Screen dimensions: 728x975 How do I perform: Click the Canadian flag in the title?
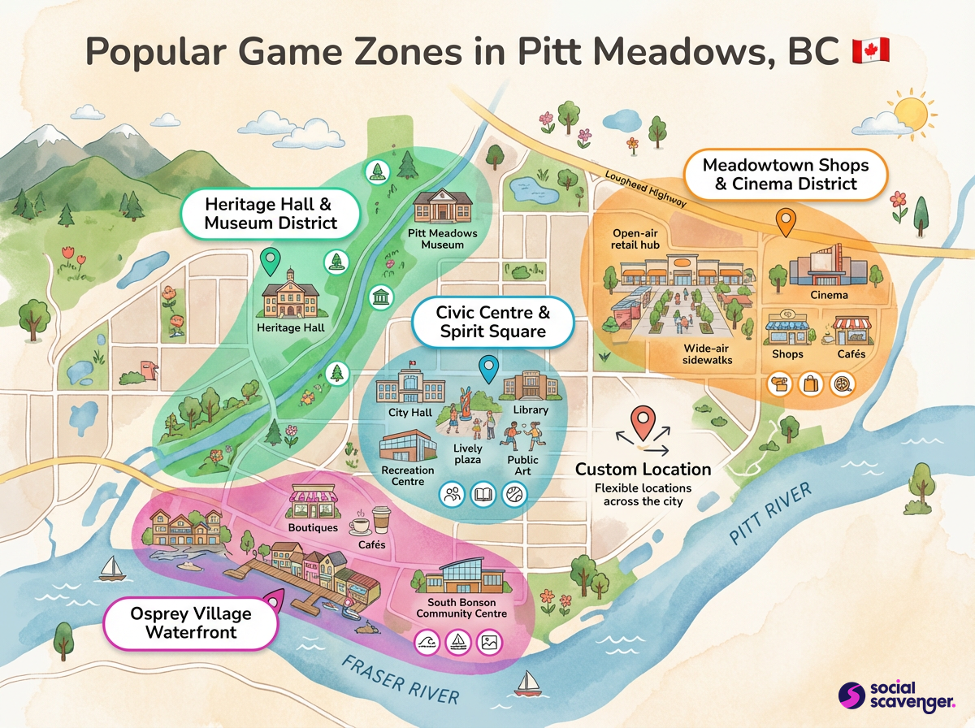pyautogui.click(x=870, y=50)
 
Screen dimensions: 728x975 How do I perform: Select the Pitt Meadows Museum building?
pyautogui.click(x=443, y=207)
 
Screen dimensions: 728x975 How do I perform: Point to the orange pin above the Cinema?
pyautogui.click(x=785, y=221)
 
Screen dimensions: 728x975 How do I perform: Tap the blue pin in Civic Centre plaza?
pyautogui.click(x=488, y=369)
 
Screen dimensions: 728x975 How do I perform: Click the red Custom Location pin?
pyautogui.click(x=644, y=422)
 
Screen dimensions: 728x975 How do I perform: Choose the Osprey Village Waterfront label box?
pyautogui.click(x=192, y=622)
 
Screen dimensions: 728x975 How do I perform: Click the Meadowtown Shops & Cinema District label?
pyautogui.click(x=786, y=174)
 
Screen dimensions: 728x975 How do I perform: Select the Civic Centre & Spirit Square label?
pyautogui.click(x=493, y=322)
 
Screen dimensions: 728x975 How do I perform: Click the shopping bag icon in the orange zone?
pyautogui.click(x=812, y=384)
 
